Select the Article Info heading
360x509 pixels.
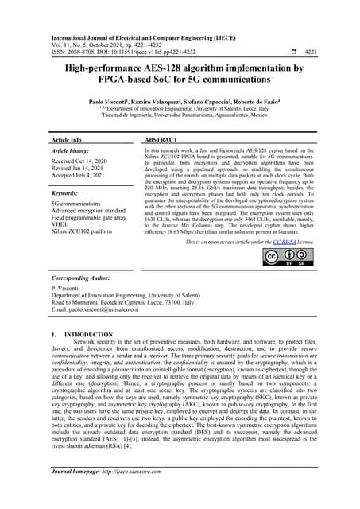pyautogui.click(x=69, y=139)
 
